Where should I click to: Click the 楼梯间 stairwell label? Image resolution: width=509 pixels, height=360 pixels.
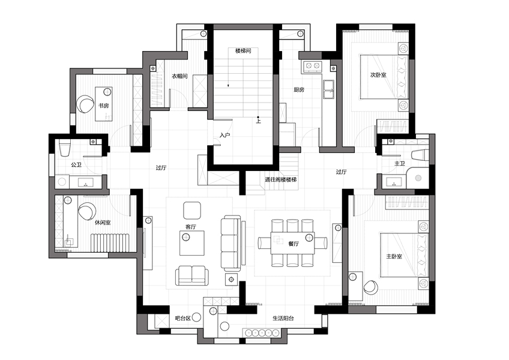point(243,50)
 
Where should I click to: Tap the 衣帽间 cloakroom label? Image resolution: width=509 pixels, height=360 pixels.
point(179,76)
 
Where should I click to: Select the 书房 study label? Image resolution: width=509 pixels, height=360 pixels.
point(104,106)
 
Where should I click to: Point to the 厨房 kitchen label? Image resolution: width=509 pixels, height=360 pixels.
point(299,89)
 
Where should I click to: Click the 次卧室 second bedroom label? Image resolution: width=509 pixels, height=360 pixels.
point(378,74)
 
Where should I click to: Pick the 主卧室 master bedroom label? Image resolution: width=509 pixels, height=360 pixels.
point(394,256)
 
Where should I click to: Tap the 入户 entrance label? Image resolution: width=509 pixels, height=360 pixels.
point(224,135)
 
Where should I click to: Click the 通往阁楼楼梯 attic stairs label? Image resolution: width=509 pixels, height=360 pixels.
point(281,179)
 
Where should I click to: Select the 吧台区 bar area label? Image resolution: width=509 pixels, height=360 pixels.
point(182,318)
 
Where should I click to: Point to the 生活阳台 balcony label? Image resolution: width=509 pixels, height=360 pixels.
point(283,318)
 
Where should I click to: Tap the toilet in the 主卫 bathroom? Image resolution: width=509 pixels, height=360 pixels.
point(420,155)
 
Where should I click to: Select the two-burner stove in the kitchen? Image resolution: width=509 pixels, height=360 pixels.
point(312,66)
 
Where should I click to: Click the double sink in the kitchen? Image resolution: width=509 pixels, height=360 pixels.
point(328,89)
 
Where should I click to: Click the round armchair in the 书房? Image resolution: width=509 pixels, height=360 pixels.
point(85,104)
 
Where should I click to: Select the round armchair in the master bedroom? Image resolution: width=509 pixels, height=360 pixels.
point(371,287)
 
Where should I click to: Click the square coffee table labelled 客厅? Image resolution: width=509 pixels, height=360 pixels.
point(192,243)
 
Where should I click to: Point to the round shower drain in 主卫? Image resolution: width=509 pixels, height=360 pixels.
point(418,178)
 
